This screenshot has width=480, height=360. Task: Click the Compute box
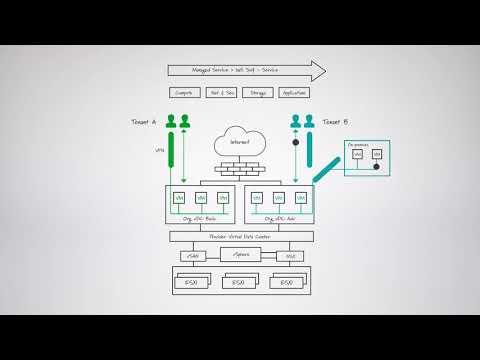pyautogui.click(x=184, y=93)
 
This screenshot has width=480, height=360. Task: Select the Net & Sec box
pyautogui.click(x=221, y=93)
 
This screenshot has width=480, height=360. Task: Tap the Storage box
pyautogui.click(x=258, y=93)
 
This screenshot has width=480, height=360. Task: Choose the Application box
pyautogui.click(x=294, y=93)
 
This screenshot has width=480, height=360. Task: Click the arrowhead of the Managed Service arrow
pyautogui.click(x=318, y=71)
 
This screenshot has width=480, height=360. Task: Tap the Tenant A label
pyautogui.click(x=144, y=122)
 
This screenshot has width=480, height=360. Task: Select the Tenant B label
pyautogui.click(x=336, y=122)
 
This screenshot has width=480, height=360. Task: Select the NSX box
pyautogui.click(x=290, y=256)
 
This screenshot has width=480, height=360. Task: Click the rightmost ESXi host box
pyautogui.click(x=288, y=283)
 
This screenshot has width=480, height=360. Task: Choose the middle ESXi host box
pyautogui.click(x=239, y=283)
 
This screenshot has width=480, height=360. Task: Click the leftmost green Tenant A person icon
pyautogui.click(x=170, y=124)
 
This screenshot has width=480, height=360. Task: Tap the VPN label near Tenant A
pyautogui.click(x=159, y=151)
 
